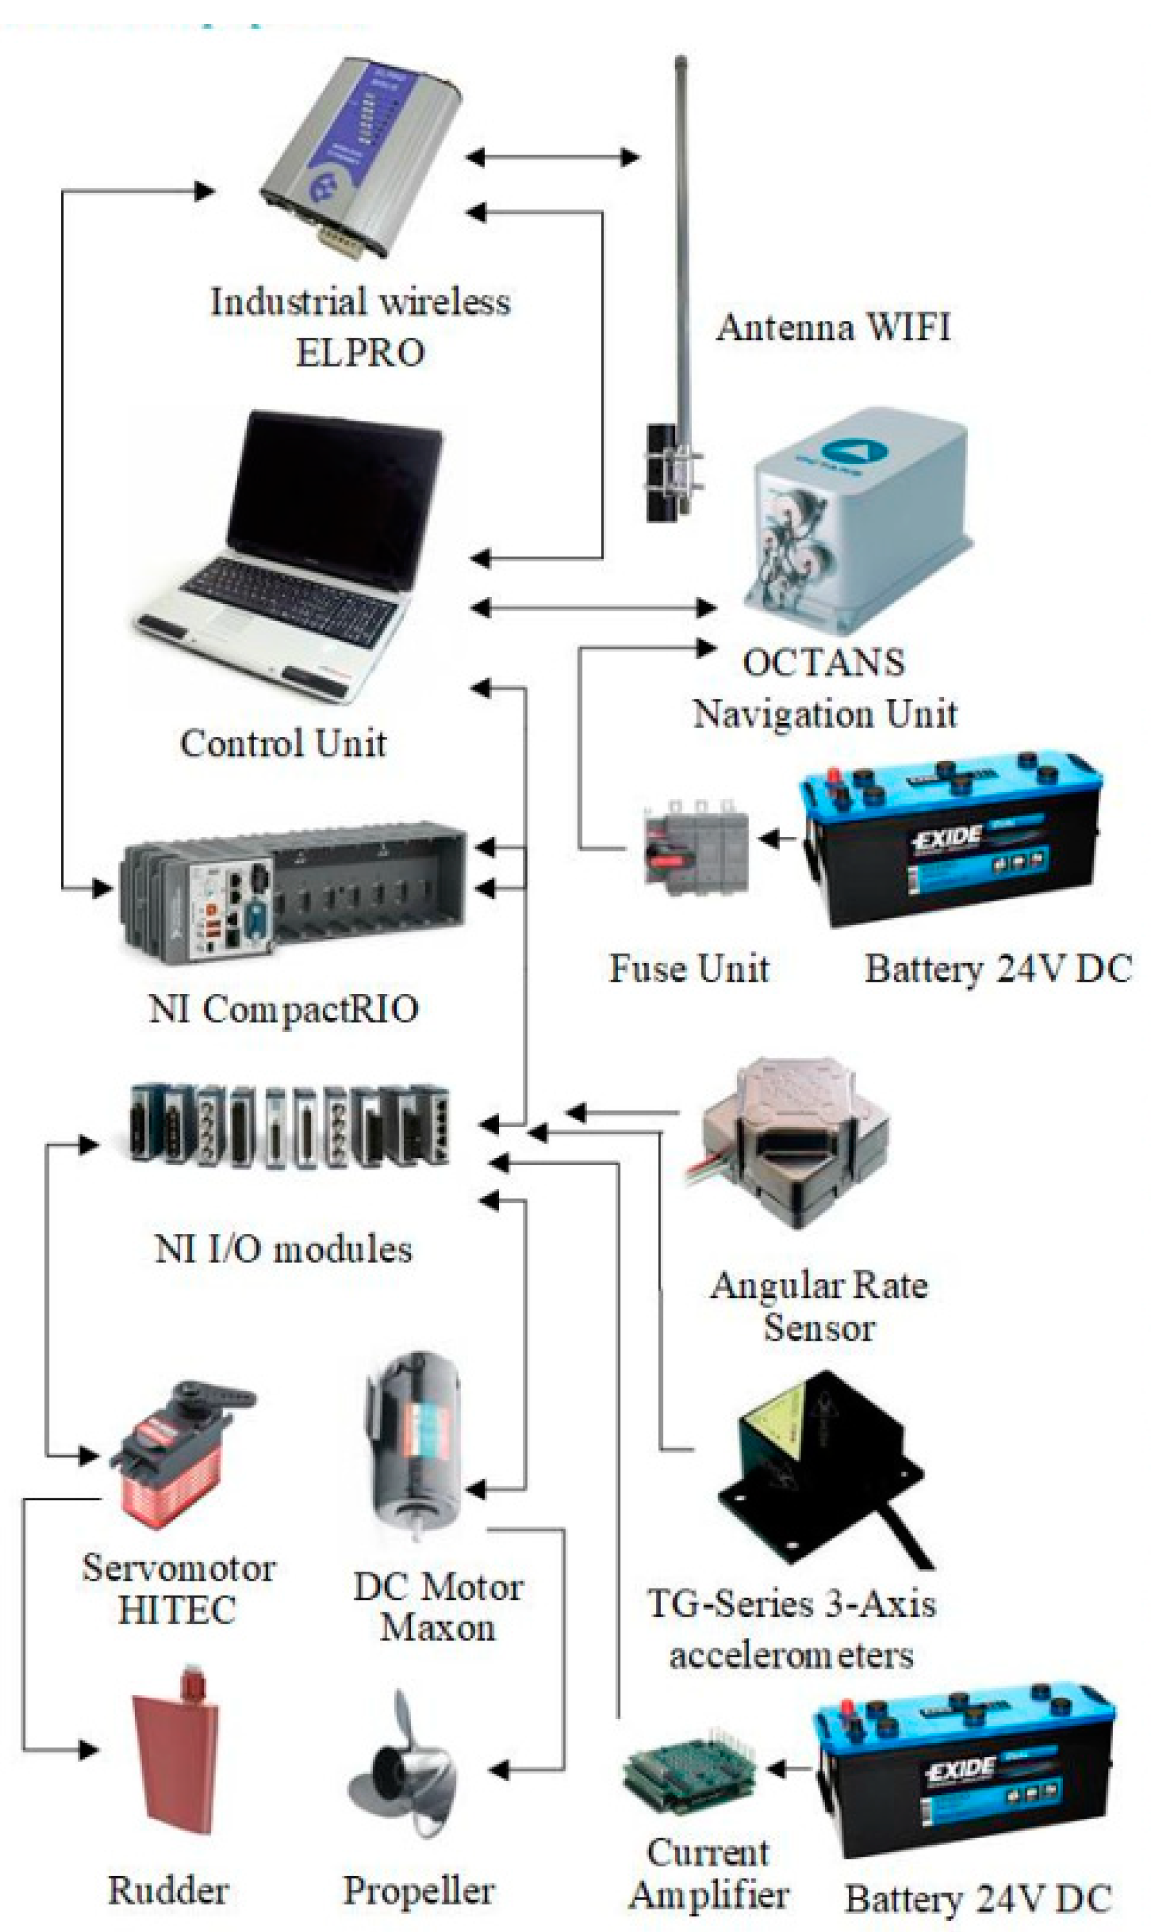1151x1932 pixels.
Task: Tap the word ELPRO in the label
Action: point(360,353)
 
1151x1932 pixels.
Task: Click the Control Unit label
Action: point(283,743)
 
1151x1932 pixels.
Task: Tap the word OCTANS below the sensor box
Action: point(824,663)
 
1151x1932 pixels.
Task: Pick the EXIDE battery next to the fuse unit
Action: point(950,838)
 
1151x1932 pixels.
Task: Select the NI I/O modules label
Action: point(283,1249)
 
